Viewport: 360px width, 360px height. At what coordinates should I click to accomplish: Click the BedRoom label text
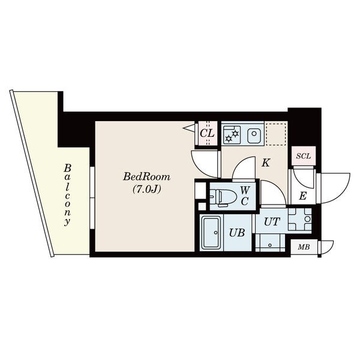147,177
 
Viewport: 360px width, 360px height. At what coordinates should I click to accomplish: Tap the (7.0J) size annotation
147,189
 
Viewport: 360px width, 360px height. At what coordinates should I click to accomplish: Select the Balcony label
67,195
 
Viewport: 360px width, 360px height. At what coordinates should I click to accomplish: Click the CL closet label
207,133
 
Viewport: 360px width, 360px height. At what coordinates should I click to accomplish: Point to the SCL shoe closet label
303,157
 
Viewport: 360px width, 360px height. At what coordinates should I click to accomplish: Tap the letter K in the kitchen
266,163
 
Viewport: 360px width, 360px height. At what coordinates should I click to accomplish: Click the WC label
245,196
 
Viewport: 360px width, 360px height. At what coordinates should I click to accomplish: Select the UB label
237,233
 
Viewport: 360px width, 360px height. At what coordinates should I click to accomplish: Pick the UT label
272,222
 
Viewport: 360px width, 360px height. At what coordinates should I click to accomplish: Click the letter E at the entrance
303,196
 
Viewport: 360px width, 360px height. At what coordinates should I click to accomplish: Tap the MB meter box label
304,247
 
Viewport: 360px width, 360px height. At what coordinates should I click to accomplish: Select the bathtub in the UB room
211,233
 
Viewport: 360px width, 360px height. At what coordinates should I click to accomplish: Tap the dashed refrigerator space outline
276,134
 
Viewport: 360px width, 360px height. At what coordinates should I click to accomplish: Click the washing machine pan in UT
299,219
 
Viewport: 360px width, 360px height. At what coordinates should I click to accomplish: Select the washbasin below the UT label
270,242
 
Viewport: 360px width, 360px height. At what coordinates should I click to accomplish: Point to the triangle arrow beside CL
190,128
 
